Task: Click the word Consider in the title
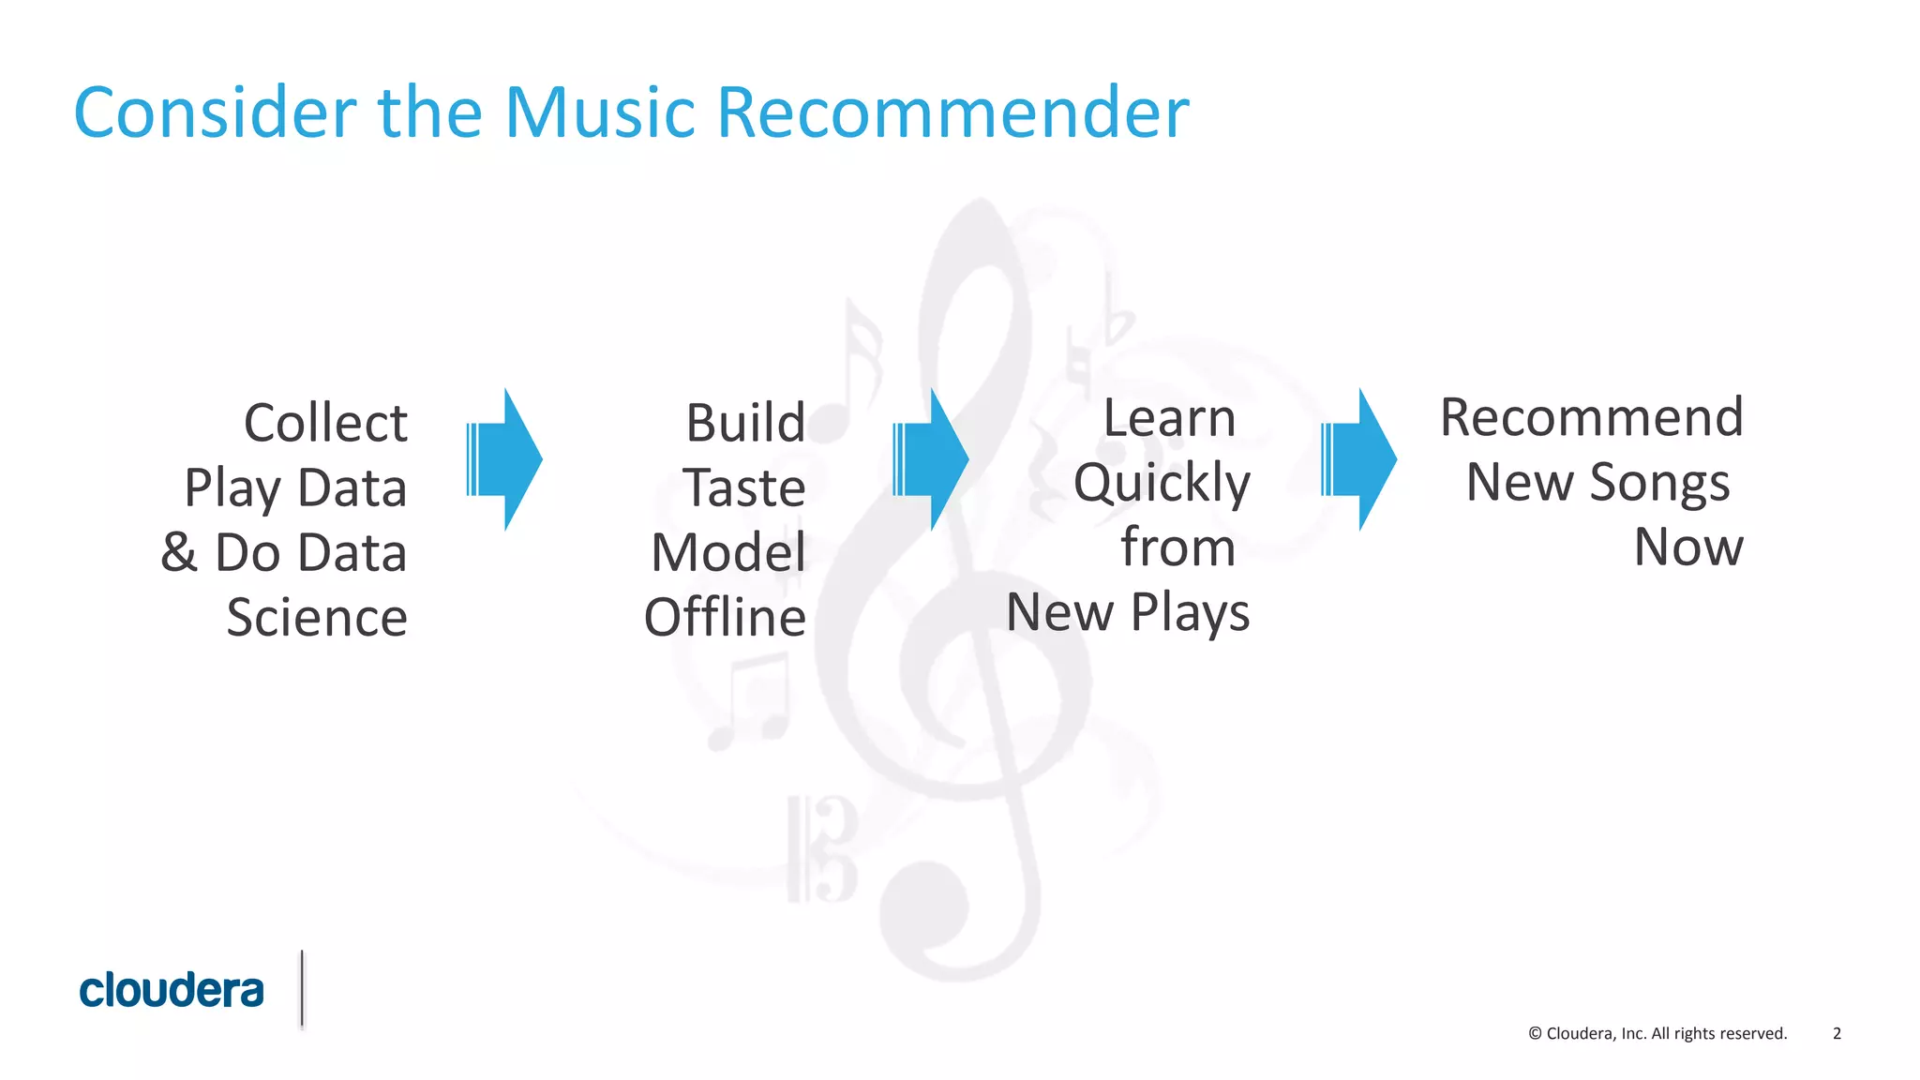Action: pos(215,112)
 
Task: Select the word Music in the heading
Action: pos(603,112)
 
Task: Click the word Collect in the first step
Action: pos(325,423)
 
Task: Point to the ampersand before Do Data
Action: pos(179,552)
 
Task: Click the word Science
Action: pos(317,618)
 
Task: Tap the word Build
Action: pos(745,423)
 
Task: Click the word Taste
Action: pos(743,488)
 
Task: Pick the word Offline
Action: pos(725,618)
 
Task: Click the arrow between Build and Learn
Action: pos(931,459)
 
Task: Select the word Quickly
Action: pos(1162,484)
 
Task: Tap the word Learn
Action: pos(1169,418)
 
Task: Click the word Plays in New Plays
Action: pos(1190,613)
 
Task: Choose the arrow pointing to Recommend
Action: pos(1359,459)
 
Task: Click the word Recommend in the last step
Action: pos(1592,418)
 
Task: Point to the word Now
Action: pos(1688,547)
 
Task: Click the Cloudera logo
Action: pos(172,991)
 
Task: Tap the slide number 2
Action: pos(1837,1033)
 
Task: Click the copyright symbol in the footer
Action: pos(1535,1033)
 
